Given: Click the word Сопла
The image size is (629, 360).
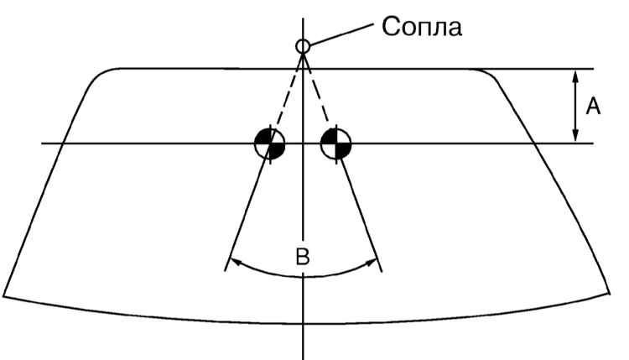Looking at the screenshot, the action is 422,28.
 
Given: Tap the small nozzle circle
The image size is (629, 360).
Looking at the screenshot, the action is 303,46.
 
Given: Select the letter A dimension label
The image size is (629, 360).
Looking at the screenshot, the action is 593,107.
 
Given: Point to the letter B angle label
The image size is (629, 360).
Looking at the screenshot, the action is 303,257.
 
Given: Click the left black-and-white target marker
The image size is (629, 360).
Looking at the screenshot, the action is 270,143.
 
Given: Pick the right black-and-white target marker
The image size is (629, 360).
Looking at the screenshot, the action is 336,143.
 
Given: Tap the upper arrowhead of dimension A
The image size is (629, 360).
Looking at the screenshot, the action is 575,76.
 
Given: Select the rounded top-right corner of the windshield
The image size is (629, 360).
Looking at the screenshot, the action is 487,74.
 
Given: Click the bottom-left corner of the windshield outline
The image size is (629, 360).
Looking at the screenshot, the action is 3,296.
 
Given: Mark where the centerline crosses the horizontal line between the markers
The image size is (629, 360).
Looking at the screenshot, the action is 303,143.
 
